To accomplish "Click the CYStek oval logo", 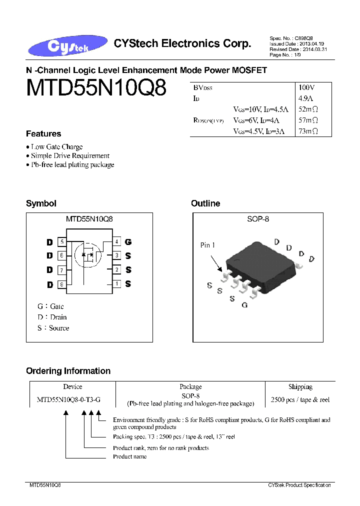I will (x=60, y=46).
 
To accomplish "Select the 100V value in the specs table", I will (x=306, y=87).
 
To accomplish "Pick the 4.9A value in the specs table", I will (x=305, y=98).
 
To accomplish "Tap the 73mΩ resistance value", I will (x=308, y=131).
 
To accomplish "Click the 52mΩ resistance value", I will (x=308, y=109).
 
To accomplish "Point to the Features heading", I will (x=43, y=134).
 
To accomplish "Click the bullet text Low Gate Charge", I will (x=57, y=147).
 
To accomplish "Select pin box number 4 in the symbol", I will (x=116, y=242).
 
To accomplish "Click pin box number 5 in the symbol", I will (x=62, y=242).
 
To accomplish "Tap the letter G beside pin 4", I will (x=128, y=242).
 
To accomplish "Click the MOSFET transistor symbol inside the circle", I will (x=88, y=256).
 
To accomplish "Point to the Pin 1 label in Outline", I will (x=207, y=245).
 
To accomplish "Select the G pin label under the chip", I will (x=244, y=305).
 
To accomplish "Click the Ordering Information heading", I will (x=68, y=371).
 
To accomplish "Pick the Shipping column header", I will (x=300, y=387).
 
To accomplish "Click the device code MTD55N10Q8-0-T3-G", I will (x=68, y=400).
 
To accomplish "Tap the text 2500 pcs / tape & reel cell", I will (x=300, y=400).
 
